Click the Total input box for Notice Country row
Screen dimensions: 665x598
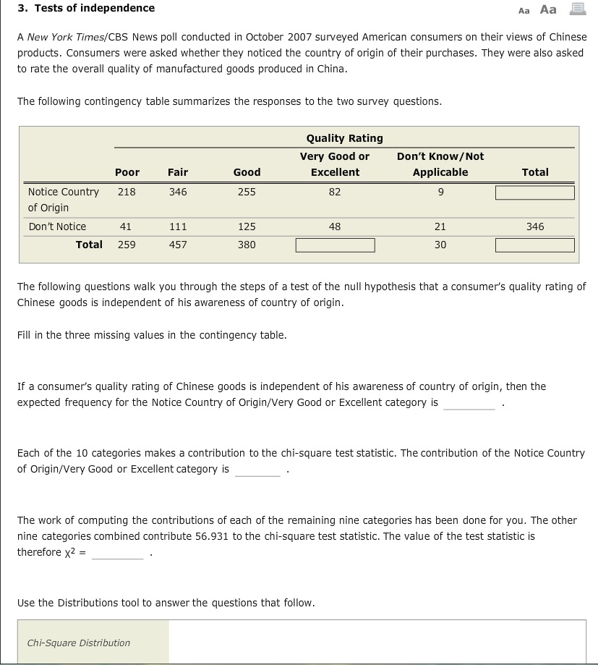tap(534, 192)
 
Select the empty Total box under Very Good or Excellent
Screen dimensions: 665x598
tap(335, 245)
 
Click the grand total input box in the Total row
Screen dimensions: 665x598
tap(534, 245)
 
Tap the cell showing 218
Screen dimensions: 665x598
tap(127, 192)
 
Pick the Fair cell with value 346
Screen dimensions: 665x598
tap(178, 192)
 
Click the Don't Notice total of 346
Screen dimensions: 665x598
tap(535, 226)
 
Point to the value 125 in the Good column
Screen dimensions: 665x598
tap(247, 226)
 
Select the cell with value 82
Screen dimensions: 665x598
tap(334, 192)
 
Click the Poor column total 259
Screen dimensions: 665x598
tap(127, 245)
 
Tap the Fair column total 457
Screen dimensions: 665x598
tap(178, 245)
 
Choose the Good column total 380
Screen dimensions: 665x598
tap(247, 245)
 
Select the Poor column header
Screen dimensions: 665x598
tap(127, 172)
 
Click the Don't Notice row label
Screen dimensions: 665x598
tap(57, 226)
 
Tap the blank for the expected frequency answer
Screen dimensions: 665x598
tap(469, 403)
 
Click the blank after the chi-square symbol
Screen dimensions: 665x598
tap(118, 553)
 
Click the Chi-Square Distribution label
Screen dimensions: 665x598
tap(79, 643)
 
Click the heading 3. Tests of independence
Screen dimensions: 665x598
tap(86, 8)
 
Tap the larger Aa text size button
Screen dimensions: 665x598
tap(548, 9)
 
